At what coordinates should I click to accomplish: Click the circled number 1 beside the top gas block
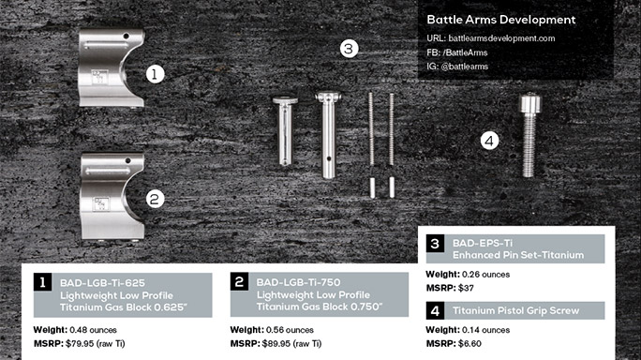[x=157, y=71]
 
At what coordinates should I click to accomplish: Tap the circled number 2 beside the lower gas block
[x=157, y=197]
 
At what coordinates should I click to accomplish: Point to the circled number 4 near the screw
[x=488, y=142]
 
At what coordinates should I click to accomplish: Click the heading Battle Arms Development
[x=500, y=19]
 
